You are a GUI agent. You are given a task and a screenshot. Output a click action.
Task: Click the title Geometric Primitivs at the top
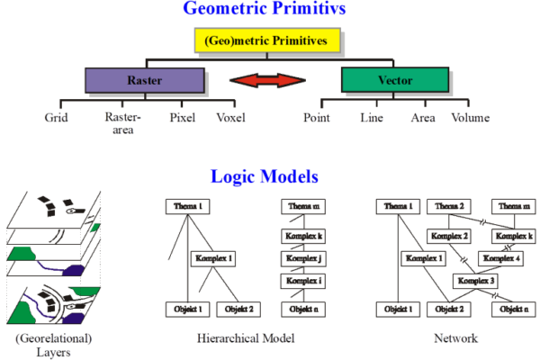269,10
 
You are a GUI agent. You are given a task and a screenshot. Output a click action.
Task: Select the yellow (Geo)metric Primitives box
267,40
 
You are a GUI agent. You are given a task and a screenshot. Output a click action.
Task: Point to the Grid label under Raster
57,118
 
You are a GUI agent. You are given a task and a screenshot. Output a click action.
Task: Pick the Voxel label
230,118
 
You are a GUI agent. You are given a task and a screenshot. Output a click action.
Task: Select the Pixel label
183,118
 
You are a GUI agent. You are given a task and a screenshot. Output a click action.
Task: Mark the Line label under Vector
371,118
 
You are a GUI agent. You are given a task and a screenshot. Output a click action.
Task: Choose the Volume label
470,118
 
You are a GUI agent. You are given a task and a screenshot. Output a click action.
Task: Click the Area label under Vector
422,118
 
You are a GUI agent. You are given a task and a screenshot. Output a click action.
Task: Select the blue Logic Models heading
269,176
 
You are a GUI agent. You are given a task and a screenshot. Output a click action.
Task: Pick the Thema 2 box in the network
448,207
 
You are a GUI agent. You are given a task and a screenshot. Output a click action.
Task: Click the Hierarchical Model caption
244,340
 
